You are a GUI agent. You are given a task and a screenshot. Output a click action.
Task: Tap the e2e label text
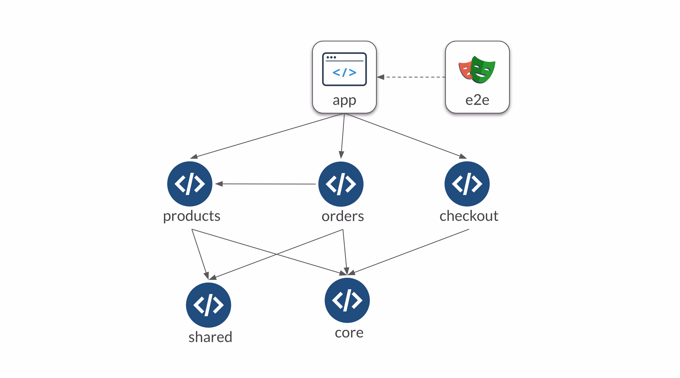coord(477,100)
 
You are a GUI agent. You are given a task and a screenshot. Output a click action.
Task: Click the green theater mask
coord(484,70)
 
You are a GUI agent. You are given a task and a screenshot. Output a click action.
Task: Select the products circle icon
coord(190,184)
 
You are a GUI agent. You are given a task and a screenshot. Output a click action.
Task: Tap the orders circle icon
coord(341,184)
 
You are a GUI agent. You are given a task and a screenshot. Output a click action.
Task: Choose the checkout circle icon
coord(467,184)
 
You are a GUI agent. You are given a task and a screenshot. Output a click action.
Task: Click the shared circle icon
coord(208,305)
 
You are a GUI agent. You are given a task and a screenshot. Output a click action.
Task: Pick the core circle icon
coord(347,300)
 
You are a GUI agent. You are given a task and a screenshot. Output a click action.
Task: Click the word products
coord(192,216)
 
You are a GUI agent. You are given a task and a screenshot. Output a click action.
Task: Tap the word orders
coord(343,216)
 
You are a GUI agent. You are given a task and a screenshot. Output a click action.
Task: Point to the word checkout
coord(469,216)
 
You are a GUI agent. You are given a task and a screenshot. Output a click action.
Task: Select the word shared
coord(210,337)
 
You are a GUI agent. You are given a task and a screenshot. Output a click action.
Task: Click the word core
coord(349,333)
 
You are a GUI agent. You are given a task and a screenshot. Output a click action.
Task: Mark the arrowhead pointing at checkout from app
coord(462,156)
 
